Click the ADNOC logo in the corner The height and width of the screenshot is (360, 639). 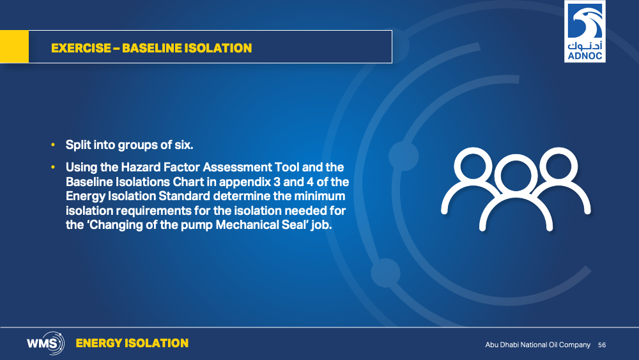(585, 31)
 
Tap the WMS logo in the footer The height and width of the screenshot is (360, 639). (45, 343)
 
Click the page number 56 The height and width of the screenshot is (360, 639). (602, 345)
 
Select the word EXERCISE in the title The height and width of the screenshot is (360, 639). (81, 48)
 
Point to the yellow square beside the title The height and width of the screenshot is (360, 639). (14, 47)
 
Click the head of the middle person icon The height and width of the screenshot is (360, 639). (516, 176)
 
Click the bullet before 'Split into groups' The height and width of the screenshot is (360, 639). (53, 145)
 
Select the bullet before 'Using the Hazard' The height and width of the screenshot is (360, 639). (53, 167)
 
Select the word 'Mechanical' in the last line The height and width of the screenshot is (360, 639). (247, 224)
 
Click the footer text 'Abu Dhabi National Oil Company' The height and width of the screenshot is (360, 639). (537, 345)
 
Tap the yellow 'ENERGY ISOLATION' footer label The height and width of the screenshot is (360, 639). (132, 343)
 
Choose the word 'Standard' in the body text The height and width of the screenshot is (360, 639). (184, 196)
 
